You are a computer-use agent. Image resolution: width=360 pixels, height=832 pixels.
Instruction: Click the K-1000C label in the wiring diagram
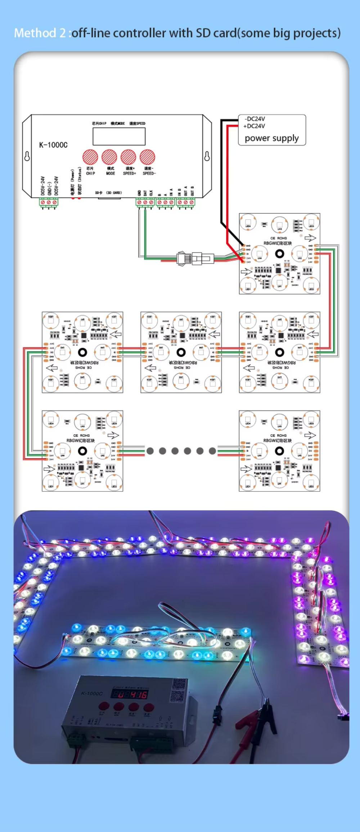pos(53,145)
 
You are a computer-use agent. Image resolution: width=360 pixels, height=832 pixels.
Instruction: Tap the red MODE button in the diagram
pos(109,157)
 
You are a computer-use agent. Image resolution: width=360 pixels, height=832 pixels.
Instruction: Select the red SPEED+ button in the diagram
pos(128,157)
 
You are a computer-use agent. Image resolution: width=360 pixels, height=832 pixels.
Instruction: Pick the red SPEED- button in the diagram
pos(147,157)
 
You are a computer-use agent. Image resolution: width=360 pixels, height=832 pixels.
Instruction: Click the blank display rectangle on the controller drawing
pos(119,136)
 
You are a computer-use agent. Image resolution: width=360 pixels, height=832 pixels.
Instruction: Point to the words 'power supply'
pos(271,138)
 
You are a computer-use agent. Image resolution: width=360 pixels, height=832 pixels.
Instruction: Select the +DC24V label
pos(254,126)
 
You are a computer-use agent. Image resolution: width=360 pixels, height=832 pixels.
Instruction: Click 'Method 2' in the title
pos(40,33)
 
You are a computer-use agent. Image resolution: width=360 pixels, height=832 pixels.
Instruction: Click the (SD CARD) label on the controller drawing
pos(114,193)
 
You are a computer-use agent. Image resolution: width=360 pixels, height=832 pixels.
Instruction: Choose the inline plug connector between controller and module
pos(194,258)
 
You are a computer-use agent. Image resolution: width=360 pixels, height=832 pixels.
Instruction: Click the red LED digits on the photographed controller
pos(129,694)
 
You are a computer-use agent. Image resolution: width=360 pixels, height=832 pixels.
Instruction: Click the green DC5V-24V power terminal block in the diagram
pos(49,202)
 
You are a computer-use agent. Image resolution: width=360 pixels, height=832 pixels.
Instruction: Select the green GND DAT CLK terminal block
pos(145,202)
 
